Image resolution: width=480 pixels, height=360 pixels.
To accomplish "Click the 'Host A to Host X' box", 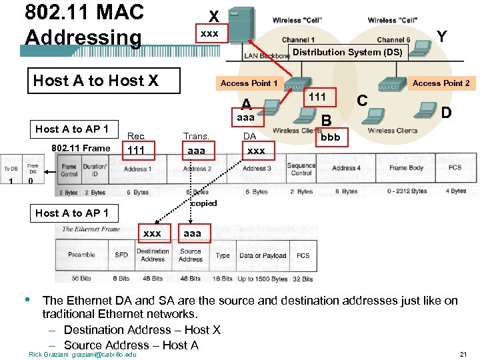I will click(95, 81).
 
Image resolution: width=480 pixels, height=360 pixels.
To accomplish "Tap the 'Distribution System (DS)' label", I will click(347, 52).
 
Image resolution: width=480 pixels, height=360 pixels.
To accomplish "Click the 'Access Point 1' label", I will click(249, 83).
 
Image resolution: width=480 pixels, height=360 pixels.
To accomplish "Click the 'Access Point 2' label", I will click(441, 83).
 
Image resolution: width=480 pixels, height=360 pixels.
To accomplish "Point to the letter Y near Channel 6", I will click(441, 37).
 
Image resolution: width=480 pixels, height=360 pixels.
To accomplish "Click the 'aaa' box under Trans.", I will click(196, 151).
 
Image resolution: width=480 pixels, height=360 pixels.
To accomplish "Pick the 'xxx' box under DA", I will click(256, 151).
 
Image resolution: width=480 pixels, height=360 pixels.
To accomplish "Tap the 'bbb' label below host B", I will click(330, 137).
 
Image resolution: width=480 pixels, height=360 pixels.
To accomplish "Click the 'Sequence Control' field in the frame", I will click(301, 169).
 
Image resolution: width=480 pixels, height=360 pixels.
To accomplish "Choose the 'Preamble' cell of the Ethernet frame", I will click(81, 255).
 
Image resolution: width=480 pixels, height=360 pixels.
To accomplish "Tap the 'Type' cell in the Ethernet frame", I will click(223, 255).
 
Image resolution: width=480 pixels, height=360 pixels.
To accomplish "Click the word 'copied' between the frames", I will click(204, 203).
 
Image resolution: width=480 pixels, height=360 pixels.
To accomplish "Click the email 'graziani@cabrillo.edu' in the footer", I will click(103, 354).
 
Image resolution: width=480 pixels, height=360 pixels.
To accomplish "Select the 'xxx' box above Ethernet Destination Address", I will click(152, 233).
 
